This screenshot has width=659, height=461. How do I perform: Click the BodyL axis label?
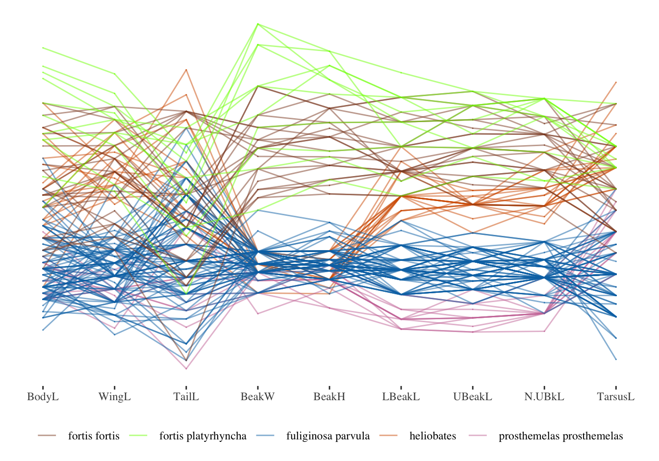(43, 397)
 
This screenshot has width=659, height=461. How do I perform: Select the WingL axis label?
(114, 397)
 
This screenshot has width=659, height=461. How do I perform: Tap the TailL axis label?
(186, 397)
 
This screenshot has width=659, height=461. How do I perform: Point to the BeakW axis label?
(258, 397)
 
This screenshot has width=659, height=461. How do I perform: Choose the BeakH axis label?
(329, 397)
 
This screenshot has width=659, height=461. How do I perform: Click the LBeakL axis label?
(401, 397)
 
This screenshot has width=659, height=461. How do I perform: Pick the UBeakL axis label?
(473, 397)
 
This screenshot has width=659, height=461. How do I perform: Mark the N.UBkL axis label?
(544, 397)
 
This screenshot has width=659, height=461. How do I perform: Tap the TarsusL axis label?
(616, 397)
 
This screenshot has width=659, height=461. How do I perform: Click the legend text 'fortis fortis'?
(94, 436)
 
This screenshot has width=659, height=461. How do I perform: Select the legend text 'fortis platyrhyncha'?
(203, 436)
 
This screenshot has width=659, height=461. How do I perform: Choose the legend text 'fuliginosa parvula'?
(328, 436)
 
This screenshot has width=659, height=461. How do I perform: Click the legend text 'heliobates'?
(433, 436)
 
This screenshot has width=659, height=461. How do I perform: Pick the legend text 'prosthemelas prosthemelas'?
(561, 436)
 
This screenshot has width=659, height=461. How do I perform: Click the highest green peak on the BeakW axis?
(258, 24)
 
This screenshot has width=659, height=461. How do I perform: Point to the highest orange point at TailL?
(186, 70)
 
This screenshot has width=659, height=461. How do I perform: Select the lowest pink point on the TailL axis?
(186, 368)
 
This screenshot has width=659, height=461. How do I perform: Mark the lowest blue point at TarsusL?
(616, 359)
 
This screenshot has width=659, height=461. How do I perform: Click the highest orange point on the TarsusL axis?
(616, 82)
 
